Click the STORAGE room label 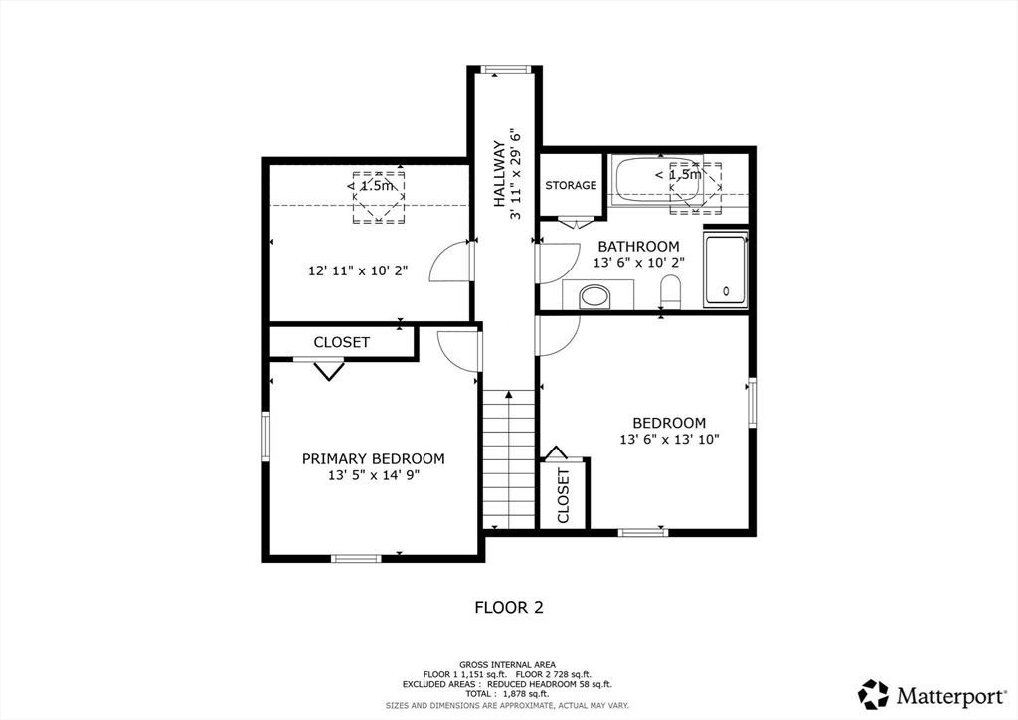[x=571, y=186]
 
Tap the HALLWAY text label [x=499, y=174]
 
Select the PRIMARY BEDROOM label [x=374, y=459]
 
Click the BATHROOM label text [x=639, y=246]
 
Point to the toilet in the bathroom [x=670, y=292]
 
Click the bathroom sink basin [x=595, y=297]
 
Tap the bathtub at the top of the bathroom [x=658, y=179]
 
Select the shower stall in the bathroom [x=726, y=270]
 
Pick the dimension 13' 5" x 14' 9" [x=374, y=476]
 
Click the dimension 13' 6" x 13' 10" [x=670, y=440]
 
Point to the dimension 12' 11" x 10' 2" [x=358, y=270]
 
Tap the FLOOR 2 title [x=509, y=607]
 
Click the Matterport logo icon [x=873, y=694]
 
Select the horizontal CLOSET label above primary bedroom [x=342, y=342]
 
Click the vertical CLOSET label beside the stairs [x=563, y=496]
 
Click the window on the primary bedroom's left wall [x=266, y=436]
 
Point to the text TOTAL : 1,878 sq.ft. [x=508, y=694]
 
